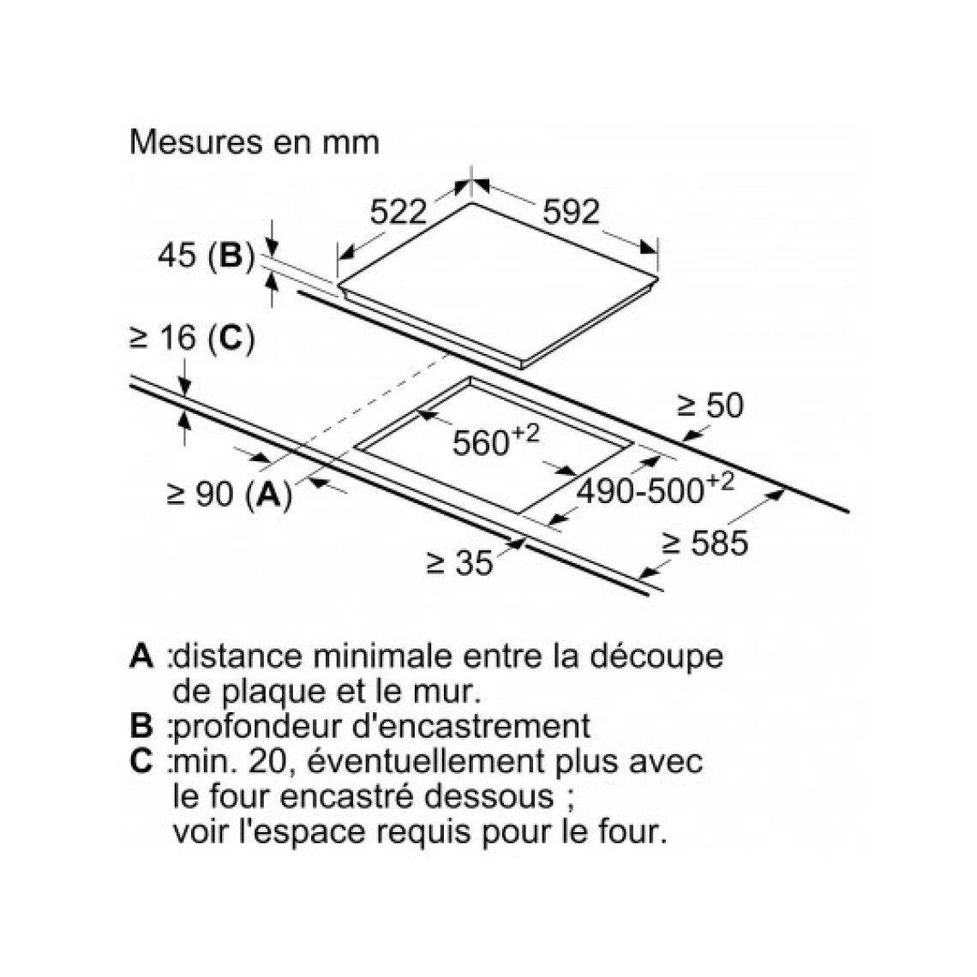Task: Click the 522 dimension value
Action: click(x=399, y=212)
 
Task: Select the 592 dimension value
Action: click(x=571, y=212)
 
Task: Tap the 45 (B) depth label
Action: click(x=207, y=255)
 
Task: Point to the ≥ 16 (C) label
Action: click(x=192, y=339)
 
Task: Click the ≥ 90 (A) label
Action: click(x=230, y=494)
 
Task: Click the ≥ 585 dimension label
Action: click(x=704, y=542)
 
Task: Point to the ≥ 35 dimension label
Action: click(x=460, y=563)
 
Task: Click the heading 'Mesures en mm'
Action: click(x=255, y=142)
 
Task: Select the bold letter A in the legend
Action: click(x=141, y=656)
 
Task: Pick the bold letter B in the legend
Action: click(x=141, y=726)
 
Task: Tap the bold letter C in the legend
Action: click(x=141, y=761)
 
